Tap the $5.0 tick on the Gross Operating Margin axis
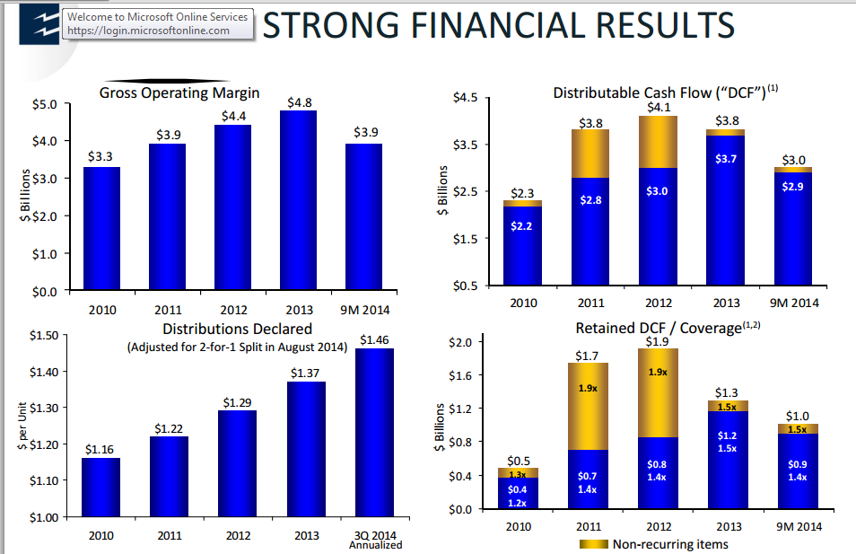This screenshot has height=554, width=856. tap(46, 104)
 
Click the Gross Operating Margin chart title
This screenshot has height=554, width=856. tap(179, 92)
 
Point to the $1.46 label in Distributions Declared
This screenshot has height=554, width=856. tap(376, 339)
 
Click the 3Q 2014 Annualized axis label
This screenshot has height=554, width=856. tap(375, 540)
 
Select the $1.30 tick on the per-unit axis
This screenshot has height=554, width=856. tap(43, 408)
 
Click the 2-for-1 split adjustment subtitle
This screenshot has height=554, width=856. tap(236, 347)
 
